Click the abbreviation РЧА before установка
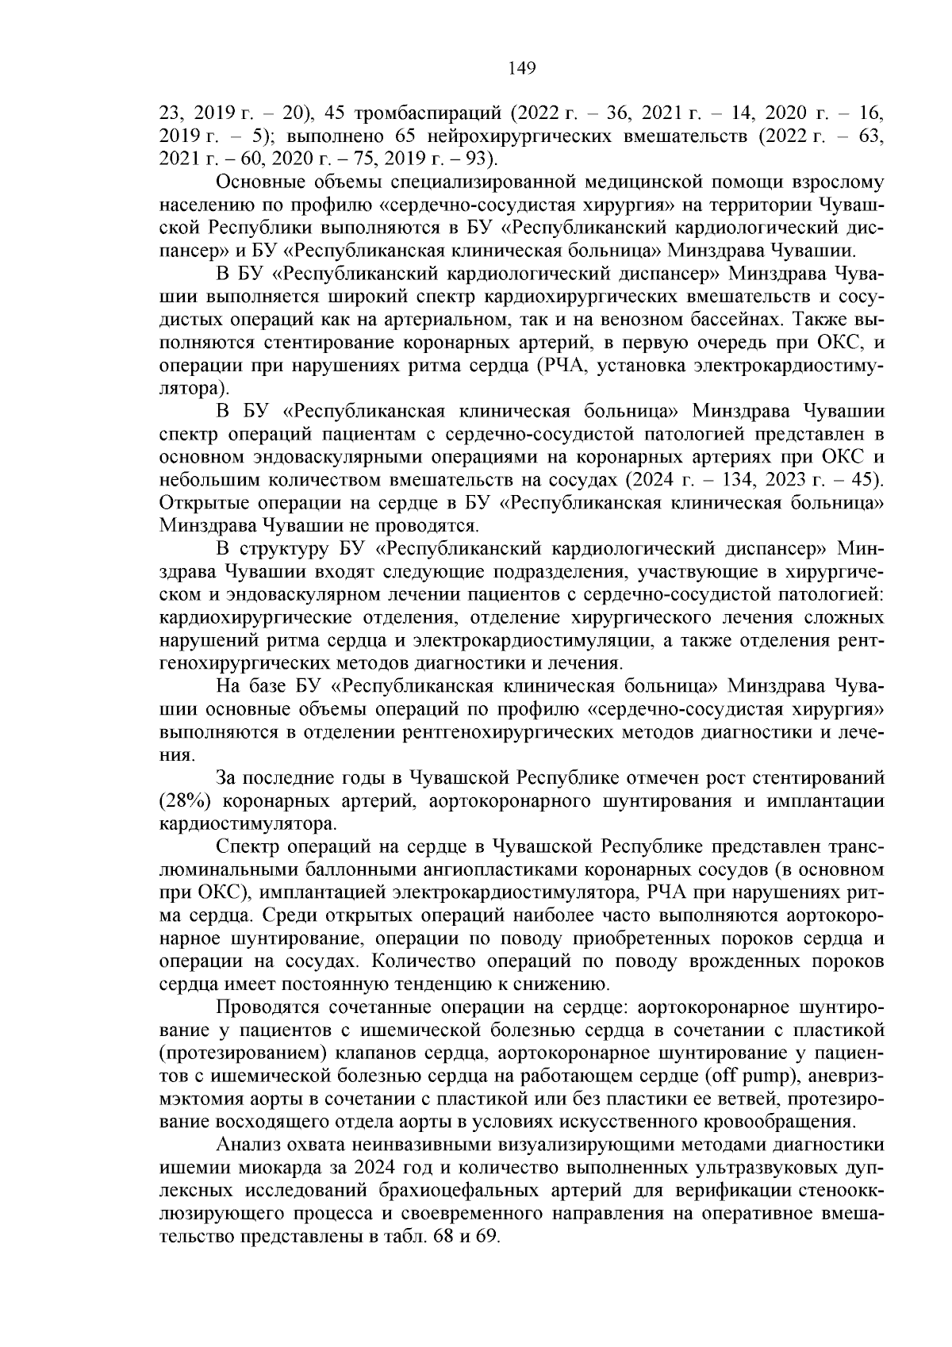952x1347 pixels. [564, 366]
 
